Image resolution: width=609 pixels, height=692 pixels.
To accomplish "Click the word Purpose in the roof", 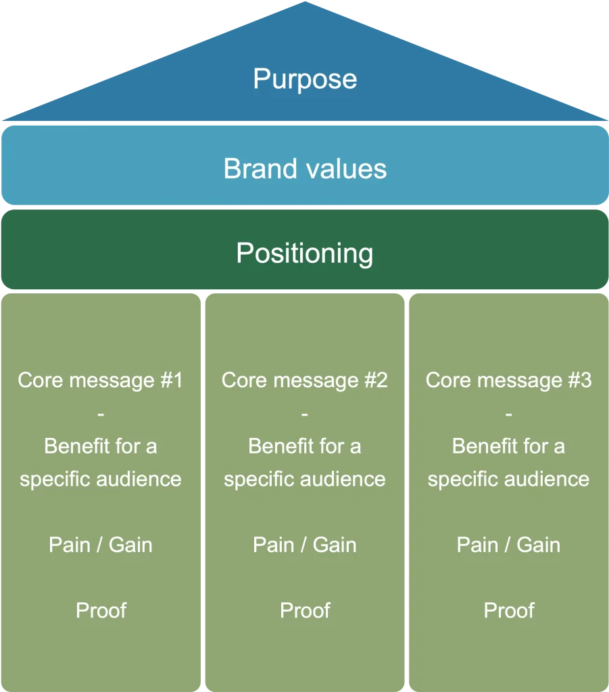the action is [x=305, y=80].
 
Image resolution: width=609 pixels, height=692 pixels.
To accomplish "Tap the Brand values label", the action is [x=305, y=168].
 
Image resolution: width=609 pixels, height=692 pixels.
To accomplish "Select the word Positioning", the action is [x=304, y=253].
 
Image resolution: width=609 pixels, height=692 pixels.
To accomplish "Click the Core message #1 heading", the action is [x=100, y=380].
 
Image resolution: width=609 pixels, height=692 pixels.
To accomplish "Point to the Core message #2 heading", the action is [x=304, y=380].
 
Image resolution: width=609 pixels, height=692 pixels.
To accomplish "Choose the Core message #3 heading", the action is [x=508, y=380].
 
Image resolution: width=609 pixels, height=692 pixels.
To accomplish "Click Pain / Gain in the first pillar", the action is [x=101, y=545].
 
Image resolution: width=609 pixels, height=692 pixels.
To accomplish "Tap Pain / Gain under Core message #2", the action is [x=304, y=545].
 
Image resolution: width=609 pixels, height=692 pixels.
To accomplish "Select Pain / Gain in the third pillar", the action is [x=508, y=545].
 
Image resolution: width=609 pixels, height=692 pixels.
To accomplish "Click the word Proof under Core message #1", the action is [x=101, y=610].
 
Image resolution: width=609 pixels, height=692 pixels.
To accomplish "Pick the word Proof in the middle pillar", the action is [x=305, y=610].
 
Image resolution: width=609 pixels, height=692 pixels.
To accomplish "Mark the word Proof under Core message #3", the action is [x=509, y=610].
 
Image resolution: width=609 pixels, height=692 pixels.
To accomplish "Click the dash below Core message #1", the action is [x=101, y=414].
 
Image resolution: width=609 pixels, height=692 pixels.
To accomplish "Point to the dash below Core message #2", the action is [x=304, y=414].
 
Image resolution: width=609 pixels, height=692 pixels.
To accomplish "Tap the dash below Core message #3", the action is [x=508, y=414].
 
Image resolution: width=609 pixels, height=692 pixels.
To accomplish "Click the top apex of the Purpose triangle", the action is [x=305, y=2].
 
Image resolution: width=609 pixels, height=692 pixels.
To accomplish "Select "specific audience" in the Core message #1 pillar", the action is [x=101, y=480].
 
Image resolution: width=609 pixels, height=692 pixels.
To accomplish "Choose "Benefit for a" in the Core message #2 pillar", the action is [x=304, y=446].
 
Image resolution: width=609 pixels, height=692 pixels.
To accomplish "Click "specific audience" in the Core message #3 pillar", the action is [x=508, y=480].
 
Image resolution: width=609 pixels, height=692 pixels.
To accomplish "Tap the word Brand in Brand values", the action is [x=260, y=168].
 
